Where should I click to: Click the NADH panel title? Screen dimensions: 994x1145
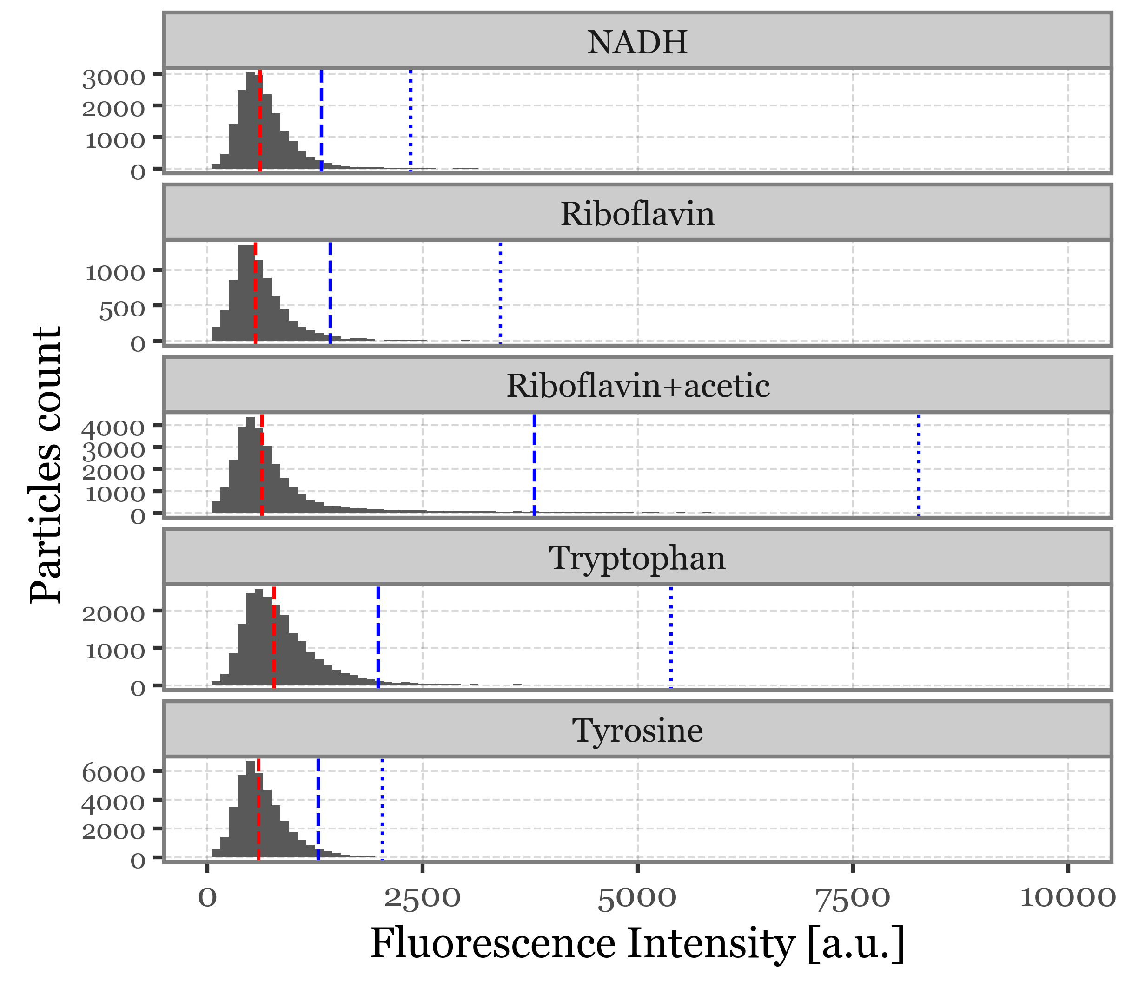coord(637,42)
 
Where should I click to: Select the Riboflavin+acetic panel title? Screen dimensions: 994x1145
coord(638,386)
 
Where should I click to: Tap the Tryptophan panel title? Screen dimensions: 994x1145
coord(637,558)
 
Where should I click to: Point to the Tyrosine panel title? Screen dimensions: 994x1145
coord(637,730)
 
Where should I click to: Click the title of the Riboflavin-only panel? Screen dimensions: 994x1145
coord(637,214)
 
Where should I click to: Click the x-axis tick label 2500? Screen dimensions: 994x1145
coord(423,897)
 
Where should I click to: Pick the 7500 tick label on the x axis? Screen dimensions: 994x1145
coord(853,897)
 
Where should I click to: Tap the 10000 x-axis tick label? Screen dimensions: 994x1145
coord(1068,897)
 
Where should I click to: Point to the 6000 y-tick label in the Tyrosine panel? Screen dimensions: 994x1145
coord(114,773)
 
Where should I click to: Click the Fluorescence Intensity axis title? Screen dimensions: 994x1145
coord(637,944)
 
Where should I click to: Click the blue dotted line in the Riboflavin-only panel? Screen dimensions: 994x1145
coord(500,293)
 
